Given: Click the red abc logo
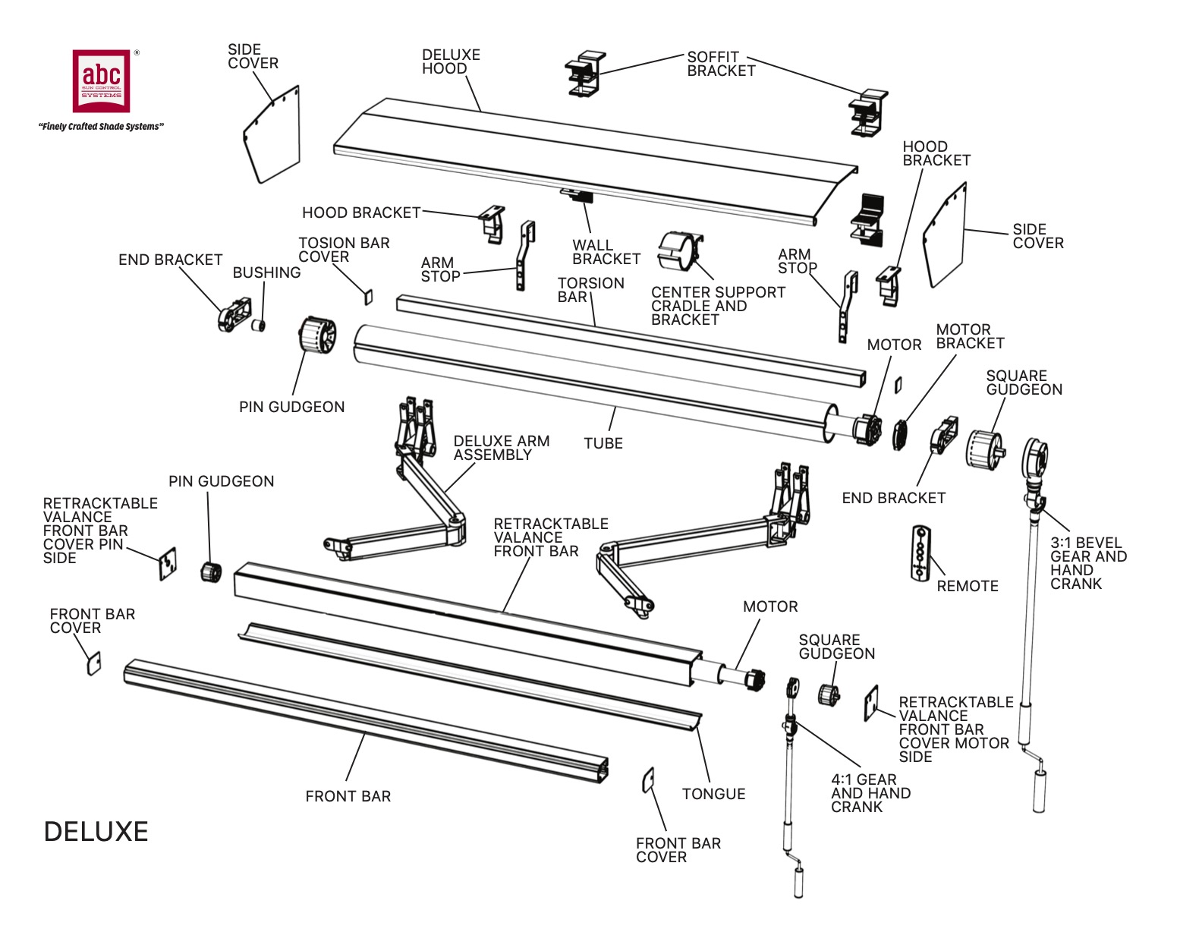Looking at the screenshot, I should point(101,80).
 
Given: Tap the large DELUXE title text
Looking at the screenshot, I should point(96,832).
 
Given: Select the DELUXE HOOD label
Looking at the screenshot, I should point(451,61).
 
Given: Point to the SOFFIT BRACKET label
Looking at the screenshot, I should point(720,64).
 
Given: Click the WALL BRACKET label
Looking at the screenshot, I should point(606,252).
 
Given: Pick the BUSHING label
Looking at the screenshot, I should point(266,272).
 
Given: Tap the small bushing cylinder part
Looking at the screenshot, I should point(259,326).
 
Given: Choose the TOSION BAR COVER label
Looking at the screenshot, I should point(343,250).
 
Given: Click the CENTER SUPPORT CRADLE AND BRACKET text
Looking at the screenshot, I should point(717,306).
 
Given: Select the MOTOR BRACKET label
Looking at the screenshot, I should point(969,336).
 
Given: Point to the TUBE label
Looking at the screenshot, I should point(603,443).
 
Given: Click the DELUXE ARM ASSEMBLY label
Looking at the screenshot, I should point(501,448).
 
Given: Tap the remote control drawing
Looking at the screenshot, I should point(920,553).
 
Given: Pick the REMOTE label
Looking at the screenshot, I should point(967,586).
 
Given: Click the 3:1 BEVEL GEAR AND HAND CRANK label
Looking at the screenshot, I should point(1087,563).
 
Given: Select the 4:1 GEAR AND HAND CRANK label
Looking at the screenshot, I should point(870,793).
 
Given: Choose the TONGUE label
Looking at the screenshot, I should point(713,794).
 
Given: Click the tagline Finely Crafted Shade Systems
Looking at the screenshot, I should point(101,127).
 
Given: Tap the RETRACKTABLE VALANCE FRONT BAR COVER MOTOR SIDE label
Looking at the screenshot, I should point(955,729).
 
